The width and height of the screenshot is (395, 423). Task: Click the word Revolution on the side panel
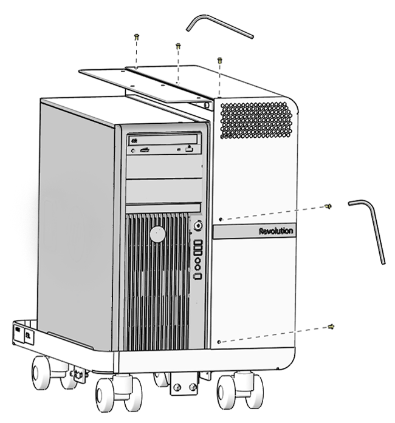pos(276,231)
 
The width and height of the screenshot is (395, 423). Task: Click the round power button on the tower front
pos(198,225)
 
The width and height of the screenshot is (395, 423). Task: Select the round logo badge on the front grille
pos(157,234)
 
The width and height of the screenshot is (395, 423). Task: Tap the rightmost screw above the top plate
pos(219,59)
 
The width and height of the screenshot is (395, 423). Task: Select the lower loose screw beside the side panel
pos(331,327)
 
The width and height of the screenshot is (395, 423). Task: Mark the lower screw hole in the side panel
pos(220,342)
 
